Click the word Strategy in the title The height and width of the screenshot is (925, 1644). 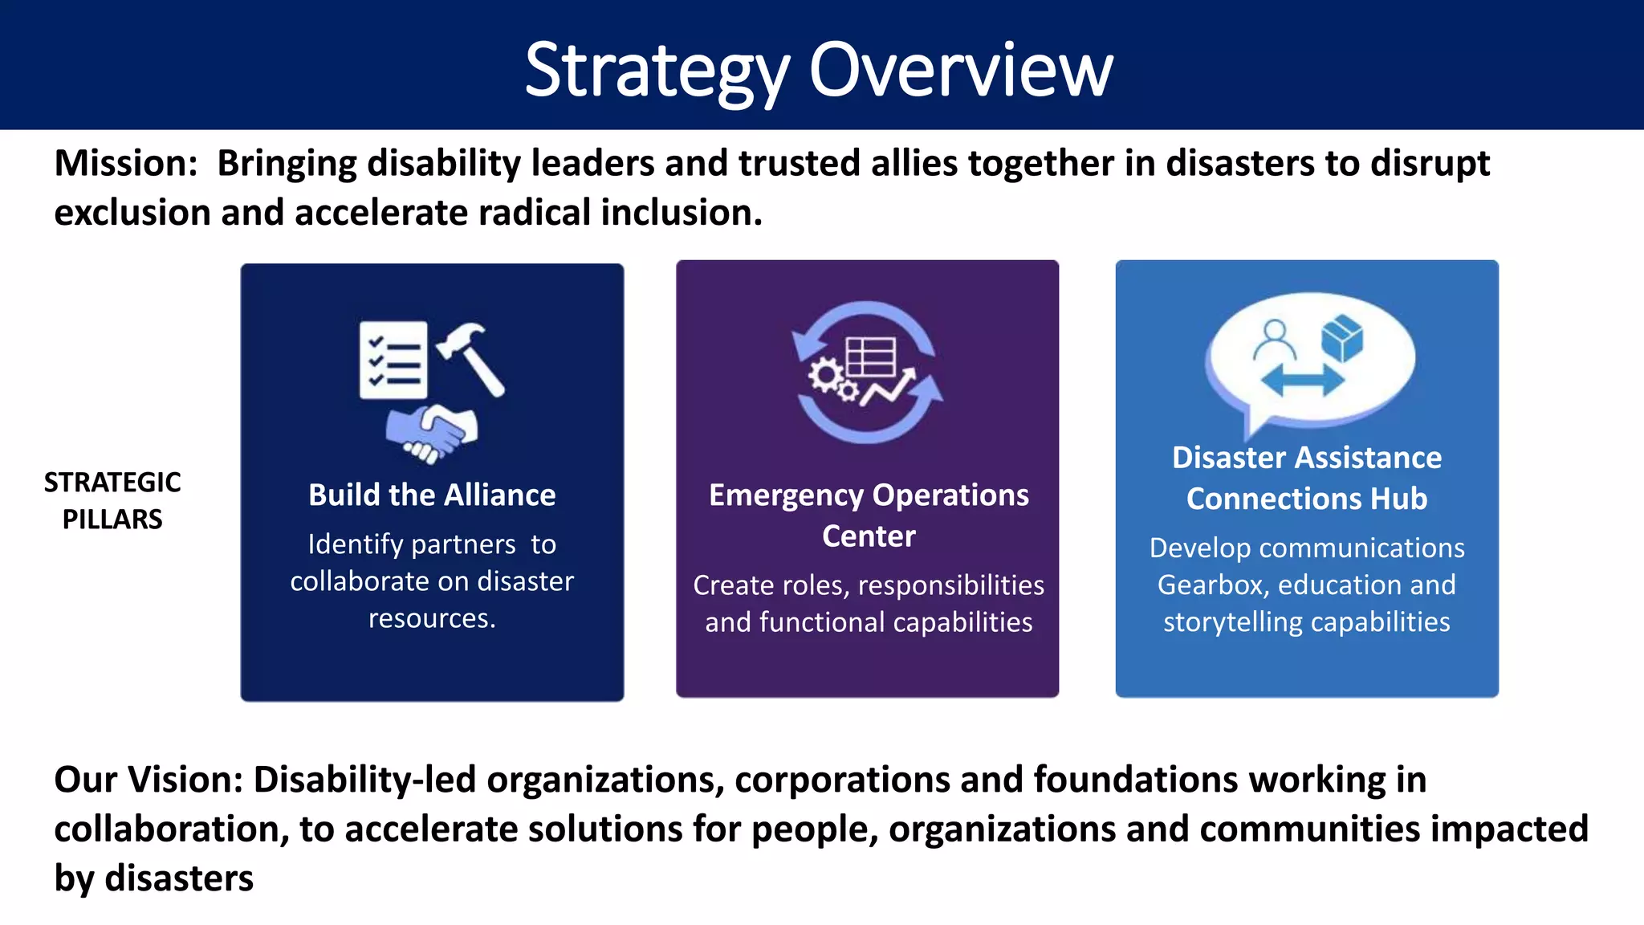(657, 71)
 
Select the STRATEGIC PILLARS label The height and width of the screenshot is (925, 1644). (112, 500)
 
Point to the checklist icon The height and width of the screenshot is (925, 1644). (393, 361)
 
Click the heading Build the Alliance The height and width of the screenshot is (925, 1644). (432, 495)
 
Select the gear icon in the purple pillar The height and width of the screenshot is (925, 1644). (827, 376)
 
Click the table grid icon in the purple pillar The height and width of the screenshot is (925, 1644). (871, 357)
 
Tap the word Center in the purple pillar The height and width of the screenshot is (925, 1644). (869, 536)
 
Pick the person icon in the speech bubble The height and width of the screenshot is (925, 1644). (1274, 340)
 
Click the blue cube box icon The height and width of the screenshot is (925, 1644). (1341, 337)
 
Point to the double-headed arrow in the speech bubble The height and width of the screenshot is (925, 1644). (1302, 380)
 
